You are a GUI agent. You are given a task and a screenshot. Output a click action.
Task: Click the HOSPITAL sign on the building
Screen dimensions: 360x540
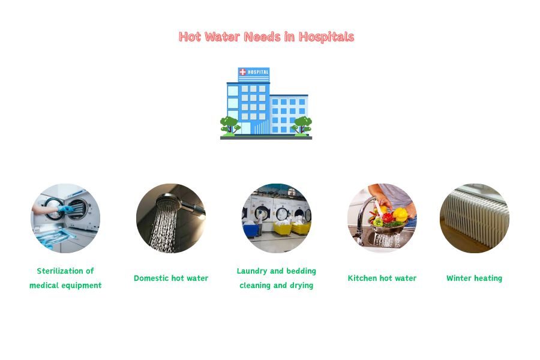pos(254,73)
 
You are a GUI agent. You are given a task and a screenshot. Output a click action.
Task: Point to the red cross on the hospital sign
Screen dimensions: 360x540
pos(243,73)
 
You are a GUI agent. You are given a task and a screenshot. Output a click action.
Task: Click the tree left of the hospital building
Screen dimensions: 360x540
pos(229,125)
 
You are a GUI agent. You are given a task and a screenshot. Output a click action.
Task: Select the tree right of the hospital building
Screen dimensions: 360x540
pos(301,125)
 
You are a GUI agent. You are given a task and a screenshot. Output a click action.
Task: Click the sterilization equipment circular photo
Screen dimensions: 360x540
pos(65,218)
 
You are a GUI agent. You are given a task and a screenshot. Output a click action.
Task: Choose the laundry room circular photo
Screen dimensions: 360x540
pos(277,218)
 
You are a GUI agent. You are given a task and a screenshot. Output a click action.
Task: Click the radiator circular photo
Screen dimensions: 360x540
pos(475,218)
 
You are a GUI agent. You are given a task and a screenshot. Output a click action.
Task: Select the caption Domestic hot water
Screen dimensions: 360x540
pos(171,278)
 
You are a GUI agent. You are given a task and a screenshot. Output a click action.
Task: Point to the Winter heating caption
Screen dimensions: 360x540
pos(475,278)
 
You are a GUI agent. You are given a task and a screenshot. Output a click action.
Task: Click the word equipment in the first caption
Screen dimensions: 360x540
pos(82,286)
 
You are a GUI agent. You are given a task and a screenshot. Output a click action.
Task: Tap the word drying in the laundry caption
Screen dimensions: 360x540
pos(300,286)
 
